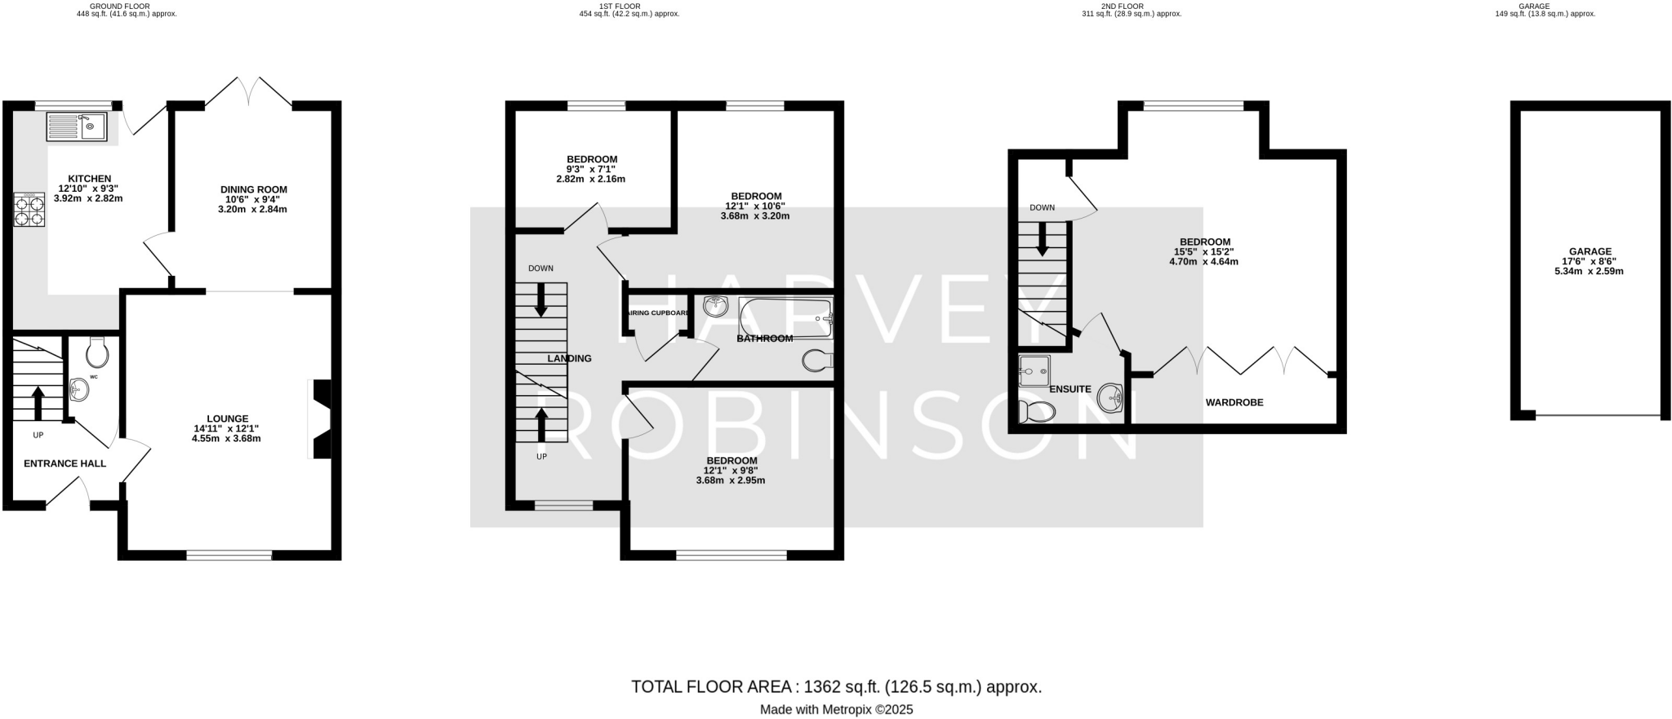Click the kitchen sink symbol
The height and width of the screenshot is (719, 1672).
pos(77,126)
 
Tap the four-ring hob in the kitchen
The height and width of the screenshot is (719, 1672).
pos(29,209)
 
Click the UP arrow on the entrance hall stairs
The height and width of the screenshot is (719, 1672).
pos(38,401)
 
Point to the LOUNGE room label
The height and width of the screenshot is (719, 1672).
pos(227,419)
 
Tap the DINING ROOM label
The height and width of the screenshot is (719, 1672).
pos(252,189)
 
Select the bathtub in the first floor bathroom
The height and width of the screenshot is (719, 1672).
pos(785,317)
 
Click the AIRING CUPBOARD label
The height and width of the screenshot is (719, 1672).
pos(657,313)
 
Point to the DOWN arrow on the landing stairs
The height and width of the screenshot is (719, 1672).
pos(540,300)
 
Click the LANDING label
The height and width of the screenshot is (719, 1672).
pos(569,358)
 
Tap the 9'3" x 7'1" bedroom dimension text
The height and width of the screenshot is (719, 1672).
pos(592,170)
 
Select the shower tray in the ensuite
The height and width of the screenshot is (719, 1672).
pos(1034,371)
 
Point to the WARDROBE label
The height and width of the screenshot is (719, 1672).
pos(1234,402)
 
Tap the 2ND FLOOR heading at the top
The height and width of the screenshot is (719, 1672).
pos(1121,6)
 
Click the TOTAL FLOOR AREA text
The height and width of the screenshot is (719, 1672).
pos(836,687)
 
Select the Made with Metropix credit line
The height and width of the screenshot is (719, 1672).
pos(836,710)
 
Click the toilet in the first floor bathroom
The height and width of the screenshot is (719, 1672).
pos(817,360)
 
